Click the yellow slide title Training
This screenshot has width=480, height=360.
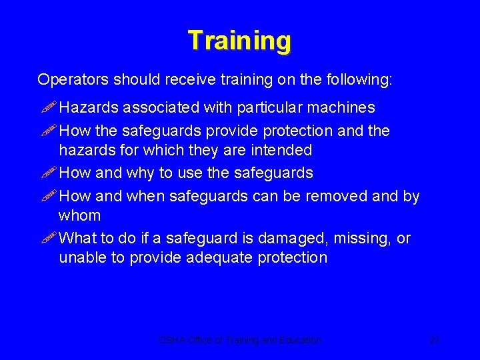(x=239, y=41)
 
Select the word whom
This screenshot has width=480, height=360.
(x=80, y=216)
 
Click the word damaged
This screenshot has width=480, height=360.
(x=295, y=238)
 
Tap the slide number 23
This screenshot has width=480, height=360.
(x=435, y=340)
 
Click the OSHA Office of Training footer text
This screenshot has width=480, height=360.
(x=239, y=340)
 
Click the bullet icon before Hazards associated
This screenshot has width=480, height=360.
(x=47, y=107)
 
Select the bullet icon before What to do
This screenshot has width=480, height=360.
(x=47, y=238)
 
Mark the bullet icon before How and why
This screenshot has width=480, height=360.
(x=47, y=173)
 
